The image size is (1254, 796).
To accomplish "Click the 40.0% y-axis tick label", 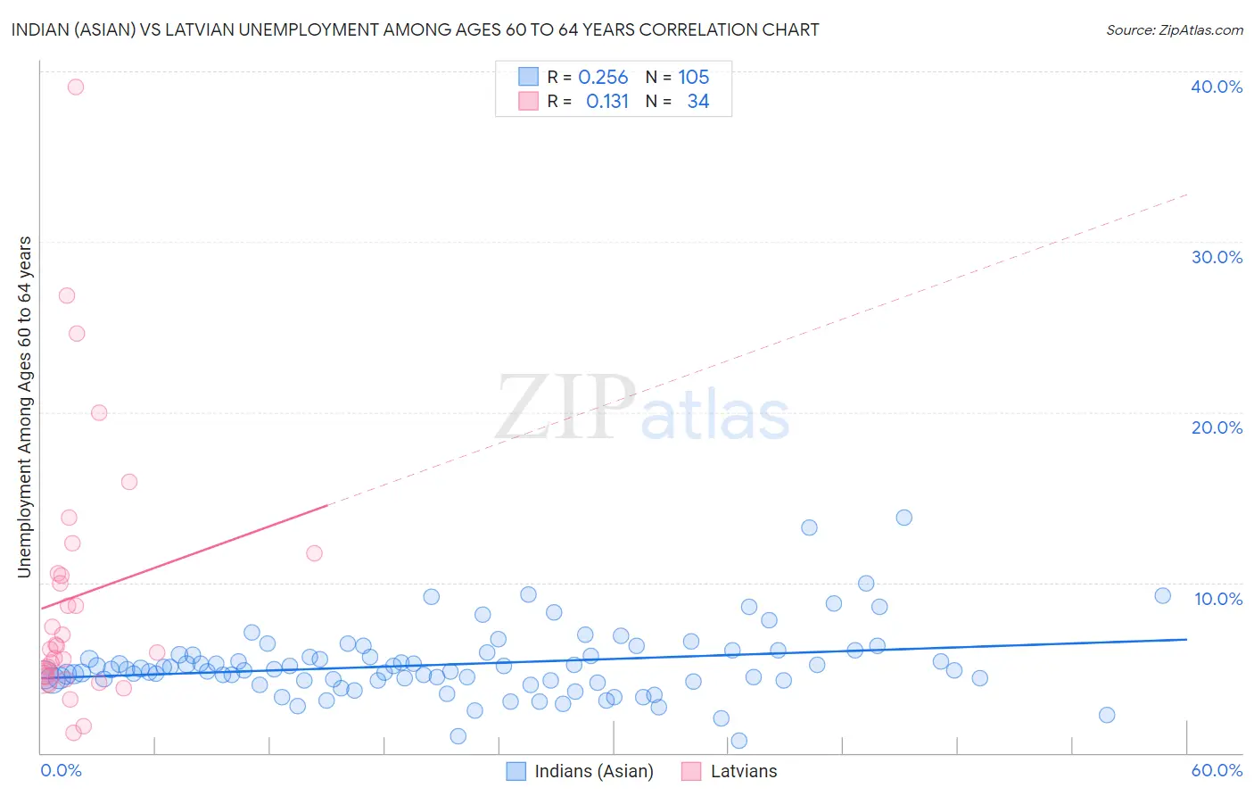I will pos(1217,87).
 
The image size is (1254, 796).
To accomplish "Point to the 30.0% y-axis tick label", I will pos(1217,257).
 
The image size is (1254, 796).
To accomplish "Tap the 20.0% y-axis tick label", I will pos(1217,427).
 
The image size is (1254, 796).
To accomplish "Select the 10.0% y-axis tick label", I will pos(1218,599).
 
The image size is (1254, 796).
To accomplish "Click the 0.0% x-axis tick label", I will pos(61,770).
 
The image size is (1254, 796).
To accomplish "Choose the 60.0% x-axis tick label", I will pos(1217,770).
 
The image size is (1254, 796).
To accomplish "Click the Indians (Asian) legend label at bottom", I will pos(594,771).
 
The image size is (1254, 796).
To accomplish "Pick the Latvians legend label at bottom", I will pos(744,771).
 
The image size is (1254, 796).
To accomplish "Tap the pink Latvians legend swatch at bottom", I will pos(691,771).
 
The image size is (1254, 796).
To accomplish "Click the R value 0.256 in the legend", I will pos(603,78).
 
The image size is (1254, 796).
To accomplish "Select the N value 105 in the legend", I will pos(693,78).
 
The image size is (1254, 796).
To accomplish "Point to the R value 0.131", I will pos(607,102).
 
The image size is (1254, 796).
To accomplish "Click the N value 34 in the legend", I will pos(697,102).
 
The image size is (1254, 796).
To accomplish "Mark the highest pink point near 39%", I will pos(76,87).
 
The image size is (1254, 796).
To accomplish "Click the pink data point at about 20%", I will pos(99,412).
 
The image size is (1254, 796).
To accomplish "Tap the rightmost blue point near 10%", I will pos(1162,596).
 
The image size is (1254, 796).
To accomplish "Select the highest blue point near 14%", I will pos(903,518).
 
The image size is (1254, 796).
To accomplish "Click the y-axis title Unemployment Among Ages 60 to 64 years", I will pos(24,406).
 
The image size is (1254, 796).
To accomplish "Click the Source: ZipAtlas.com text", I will pos(1174,30).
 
